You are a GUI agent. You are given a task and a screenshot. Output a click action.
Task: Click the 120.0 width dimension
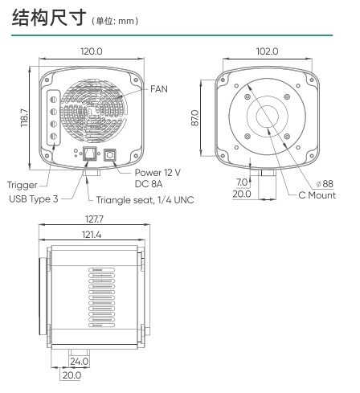tap(92, 51)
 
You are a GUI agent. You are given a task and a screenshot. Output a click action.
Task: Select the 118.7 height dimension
tap(24, 117)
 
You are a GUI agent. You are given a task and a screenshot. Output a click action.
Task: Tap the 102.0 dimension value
tap(267, 51)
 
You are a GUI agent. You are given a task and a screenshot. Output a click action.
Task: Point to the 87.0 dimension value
tap(195, 117)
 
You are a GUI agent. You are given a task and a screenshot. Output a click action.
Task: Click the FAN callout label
tap(159, 89)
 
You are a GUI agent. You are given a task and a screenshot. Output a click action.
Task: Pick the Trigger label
tap(22, 185)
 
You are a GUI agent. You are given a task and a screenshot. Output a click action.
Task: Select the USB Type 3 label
tap(34, 199)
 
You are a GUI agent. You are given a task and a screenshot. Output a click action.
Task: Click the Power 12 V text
tap(157, 173)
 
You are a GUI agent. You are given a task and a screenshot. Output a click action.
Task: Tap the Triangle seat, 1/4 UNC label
tap(145, 200)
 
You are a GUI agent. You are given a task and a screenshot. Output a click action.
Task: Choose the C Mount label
tap(317, 195)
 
